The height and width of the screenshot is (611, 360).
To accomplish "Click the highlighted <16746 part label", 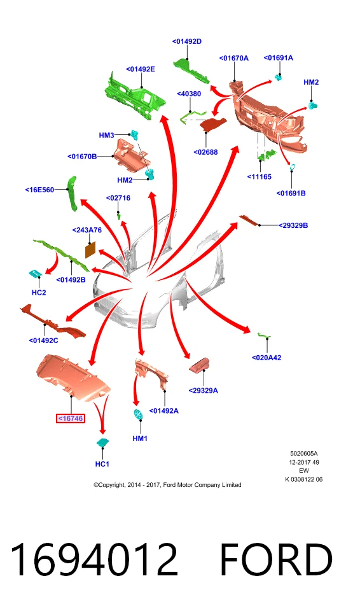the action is click(71, 419).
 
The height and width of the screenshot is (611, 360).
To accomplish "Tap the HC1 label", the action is click(102, 464).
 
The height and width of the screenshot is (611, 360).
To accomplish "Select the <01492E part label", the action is click(141, 69).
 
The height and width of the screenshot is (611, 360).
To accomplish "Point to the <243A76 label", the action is click(87, 230).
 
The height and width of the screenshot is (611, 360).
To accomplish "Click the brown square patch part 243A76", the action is click(90, 249).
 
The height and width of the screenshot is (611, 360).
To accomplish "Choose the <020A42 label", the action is click(267, 358).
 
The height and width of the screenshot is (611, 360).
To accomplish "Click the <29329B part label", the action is click(293, 225).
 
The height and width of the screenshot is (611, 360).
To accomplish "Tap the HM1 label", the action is click(140, 439).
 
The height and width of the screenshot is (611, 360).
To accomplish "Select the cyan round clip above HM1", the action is click(138, 414).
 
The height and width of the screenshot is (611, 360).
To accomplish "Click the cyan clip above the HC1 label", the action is click(103, 442).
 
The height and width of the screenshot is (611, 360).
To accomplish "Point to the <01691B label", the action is click(291, 193).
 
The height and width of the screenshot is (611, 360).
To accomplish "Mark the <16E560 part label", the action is click(39, 190).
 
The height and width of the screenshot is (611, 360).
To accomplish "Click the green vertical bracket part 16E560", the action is click(72, 193).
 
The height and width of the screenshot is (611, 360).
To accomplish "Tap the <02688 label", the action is click(205, 152).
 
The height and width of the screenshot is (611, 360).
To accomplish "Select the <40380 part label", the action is click(189, 94).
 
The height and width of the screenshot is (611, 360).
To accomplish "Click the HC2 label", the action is click(39, 293).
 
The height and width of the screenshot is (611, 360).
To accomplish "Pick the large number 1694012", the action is click(94, 559).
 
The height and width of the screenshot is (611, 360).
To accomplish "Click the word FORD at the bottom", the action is click(276, 559).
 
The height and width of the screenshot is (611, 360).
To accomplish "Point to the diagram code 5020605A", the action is click(304, 454).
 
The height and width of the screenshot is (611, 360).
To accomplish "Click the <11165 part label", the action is click(260, 177).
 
